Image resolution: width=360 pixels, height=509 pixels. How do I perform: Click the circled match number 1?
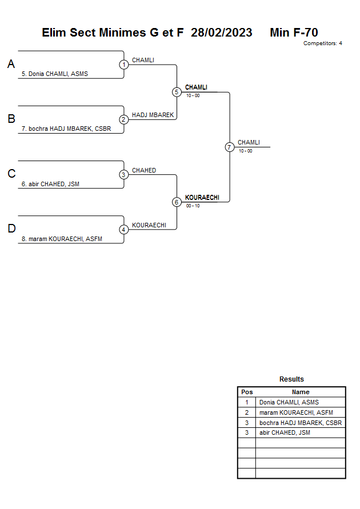[x=124, y=65]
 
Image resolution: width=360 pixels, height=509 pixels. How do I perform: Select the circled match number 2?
[x=124, y=119]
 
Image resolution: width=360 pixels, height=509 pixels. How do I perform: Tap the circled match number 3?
[x=124, y=174]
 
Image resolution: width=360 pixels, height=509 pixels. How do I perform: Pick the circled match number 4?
[x=124, y=229]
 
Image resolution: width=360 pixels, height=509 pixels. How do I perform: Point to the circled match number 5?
[x=177, y=92]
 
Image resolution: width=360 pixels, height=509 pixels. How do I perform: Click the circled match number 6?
[x=177, y=202]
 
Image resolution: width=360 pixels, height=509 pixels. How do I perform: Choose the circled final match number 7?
[x=229, y=147]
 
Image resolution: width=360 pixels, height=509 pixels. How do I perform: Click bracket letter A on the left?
[x=11, y=65]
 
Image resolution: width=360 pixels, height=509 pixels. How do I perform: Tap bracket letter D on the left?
[x=11, y=229]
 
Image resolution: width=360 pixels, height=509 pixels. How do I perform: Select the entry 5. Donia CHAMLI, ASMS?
[x=55, y=74]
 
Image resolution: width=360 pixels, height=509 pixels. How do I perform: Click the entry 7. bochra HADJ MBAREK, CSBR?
[x=66, y=129]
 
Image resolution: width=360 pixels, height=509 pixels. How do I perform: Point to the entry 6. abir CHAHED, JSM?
[x=50, y=183]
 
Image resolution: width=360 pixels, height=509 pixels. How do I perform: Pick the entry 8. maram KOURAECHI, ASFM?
[x=62, y=238]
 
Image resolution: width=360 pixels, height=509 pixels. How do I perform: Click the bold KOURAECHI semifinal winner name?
[x=202, y=198]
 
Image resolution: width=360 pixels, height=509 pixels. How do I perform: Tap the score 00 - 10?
[x=193, y=206]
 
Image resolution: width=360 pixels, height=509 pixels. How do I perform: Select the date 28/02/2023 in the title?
[x=222, y=33]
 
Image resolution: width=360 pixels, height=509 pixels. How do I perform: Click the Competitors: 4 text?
[x=322, y=43]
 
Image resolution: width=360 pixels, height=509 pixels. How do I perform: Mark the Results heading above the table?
[x=291, y=379]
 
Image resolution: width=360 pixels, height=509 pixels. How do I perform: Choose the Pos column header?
[x=247, y=392]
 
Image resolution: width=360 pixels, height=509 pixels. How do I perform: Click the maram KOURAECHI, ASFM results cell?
[x=296, y=412]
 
